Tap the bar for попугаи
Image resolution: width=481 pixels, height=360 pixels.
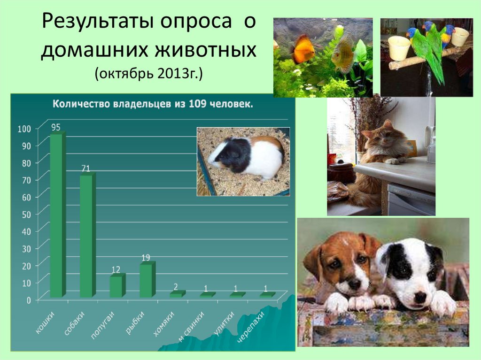116,286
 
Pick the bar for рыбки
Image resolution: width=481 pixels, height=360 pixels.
146,281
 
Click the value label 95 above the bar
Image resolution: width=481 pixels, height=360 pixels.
56,127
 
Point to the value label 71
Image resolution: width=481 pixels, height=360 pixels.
85,168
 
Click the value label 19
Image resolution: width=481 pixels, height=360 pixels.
146,258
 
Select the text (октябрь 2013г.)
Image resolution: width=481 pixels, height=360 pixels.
148,74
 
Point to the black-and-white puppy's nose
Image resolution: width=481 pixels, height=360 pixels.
419,297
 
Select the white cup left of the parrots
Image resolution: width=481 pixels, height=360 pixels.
399,48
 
